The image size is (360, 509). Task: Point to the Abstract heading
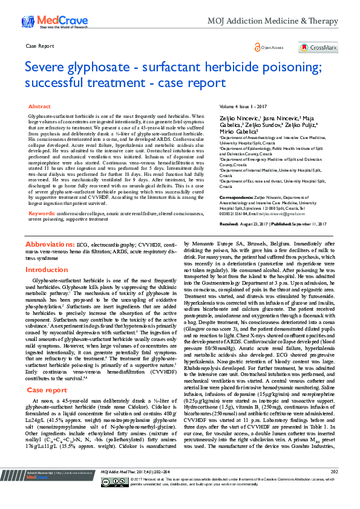tap(40, 106)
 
